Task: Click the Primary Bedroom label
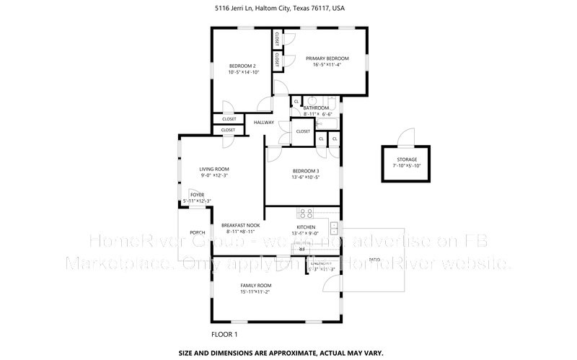[x=327, y=58]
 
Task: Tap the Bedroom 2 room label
[x=242, y=66]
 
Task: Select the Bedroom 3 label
[x=306, y=171]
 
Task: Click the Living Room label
[x=214, y=169]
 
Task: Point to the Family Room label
[x=256, y=285]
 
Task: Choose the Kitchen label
[x=306, y=227]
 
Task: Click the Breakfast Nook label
[x=241, y=225]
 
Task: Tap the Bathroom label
[x=316, y=108]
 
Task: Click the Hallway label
[x=263, y=123]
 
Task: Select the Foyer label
[x=197, y=195]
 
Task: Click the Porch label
[x=197, y=232]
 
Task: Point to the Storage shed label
[x=406, y=159]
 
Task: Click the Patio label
[x=374, y=259]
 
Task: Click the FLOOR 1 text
[x=224, y=334]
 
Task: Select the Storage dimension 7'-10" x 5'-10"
[x=406, y=166]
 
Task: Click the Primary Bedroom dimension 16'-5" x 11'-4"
[x=327, y=65]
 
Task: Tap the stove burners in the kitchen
[x=305, y=214]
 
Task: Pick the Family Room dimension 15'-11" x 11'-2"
[x=256, y=291]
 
